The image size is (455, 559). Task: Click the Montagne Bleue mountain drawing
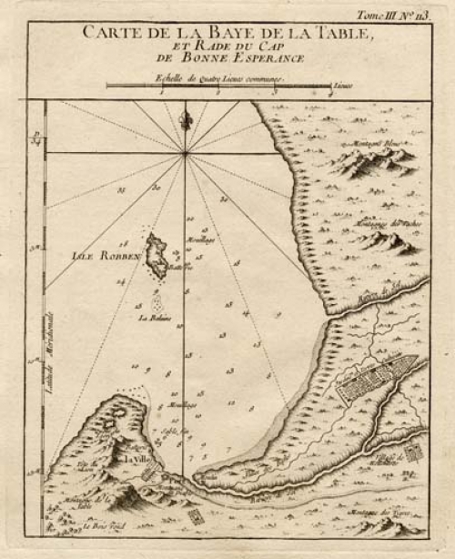click(373, 161)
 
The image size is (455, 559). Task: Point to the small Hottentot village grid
click(411, 451)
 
